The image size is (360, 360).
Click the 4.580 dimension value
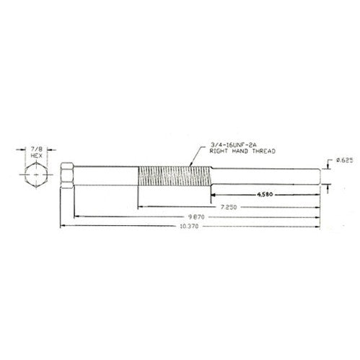coord(265,194)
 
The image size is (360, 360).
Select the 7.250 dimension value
coord(229,207)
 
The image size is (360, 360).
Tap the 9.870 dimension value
coord(196,217)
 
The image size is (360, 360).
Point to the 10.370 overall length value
coord(190,227)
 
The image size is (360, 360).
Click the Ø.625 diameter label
coord(344,160)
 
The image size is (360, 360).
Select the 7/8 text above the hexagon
coord(36,149)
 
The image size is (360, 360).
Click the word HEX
coord(37,156)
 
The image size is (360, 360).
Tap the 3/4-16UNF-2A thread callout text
coord(234,145)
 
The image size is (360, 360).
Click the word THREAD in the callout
coord(264,152)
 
